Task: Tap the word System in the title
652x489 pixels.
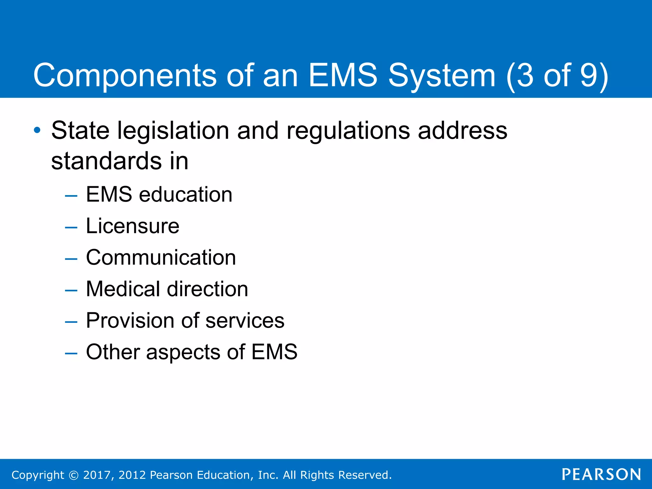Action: coord(442,75)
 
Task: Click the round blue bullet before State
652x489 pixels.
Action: coord(37,130)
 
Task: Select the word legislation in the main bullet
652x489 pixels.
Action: coord(173,131)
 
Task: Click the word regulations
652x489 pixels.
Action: coord(348,131)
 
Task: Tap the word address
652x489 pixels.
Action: coord(462,131)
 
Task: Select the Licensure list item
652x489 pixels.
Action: coord(132,226)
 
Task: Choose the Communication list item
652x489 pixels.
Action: coord(161,257)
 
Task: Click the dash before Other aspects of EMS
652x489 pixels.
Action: coord(71,353)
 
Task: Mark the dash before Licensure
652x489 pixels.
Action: coord(71,227)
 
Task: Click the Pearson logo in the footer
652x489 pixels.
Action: coord(601,474)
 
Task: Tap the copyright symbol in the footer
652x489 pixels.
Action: coord(74,475)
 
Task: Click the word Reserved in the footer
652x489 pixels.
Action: coord(364,475)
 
